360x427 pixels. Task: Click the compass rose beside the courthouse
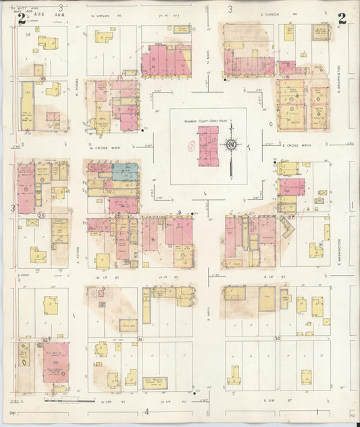(x=231, y=144)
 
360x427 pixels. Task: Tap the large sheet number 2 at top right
(x=342, y=18)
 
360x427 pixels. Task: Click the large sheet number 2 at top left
(x=22, y=18)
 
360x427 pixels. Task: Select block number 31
(x=140, y=338)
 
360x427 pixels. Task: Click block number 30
(x=276, y=338)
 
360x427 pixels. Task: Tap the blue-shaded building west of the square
(x=126, y=171)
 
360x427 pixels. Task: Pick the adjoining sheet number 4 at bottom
(x=146, y=411)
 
